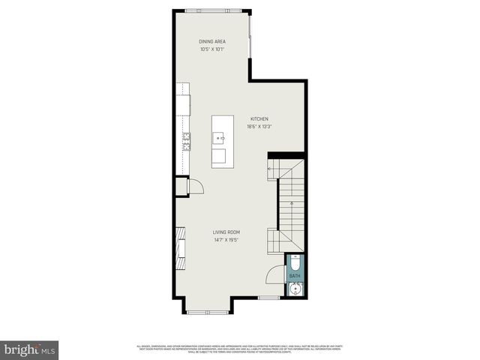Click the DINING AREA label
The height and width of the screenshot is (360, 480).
coord(212,41)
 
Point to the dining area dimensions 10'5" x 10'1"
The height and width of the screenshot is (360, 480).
coord(212,49)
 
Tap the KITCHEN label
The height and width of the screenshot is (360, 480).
coord(259,118)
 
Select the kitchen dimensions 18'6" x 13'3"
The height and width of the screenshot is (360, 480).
coord(259,127)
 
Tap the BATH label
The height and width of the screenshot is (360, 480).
coord(295,276)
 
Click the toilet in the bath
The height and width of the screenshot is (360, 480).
coord(295,263)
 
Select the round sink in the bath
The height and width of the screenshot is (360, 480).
coord(295,289)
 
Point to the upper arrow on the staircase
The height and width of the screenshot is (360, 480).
coord(271,172)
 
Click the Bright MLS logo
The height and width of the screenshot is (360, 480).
coord(30,350)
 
